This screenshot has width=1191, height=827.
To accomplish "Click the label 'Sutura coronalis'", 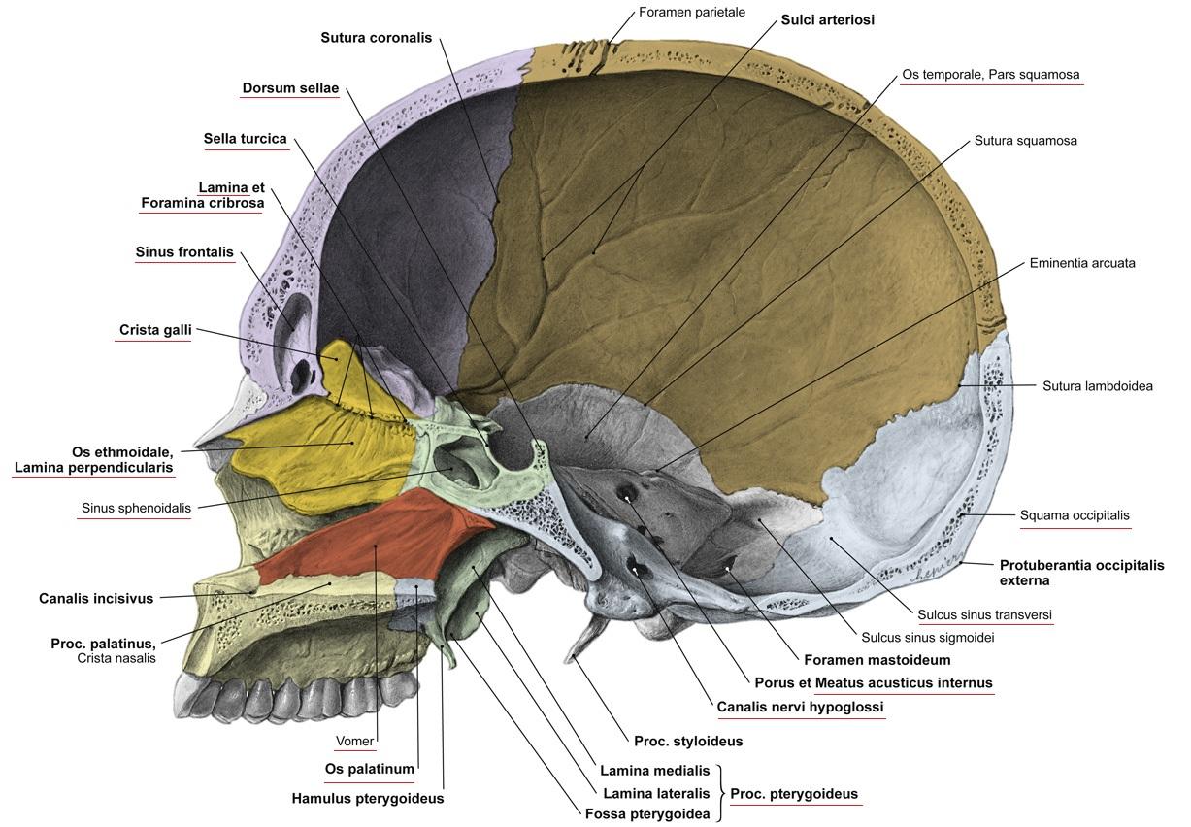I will click(x=377, y=38).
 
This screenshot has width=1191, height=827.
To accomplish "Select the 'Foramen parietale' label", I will click(x=691, y=13).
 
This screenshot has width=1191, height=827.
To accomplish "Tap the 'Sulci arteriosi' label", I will click(x=827, y=19).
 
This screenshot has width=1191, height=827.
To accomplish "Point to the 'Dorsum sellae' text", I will click(x=290, y=88).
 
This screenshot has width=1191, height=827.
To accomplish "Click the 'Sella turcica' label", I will click(x=245, y=139).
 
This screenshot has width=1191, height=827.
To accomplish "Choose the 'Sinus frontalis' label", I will click(x=184, y=252).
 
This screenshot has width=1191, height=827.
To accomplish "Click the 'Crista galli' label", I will click(x=155, y=330).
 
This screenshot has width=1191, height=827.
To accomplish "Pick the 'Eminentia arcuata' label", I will click(x=1082, y=263).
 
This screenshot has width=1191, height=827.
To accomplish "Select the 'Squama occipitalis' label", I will click(x=1075, y=515).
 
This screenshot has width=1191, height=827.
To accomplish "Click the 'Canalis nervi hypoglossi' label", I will click(x=800, y=707).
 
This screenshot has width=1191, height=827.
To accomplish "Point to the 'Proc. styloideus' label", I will click(x=687, y=742).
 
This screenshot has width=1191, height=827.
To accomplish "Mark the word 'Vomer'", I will click(x=354, y=742).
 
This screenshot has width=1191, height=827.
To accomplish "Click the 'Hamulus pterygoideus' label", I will click(x=367, y=799).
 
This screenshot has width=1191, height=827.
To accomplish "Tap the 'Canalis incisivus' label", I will click(x=96, y=599).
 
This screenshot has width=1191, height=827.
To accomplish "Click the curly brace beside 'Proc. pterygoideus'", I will click(x=722, y=793).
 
